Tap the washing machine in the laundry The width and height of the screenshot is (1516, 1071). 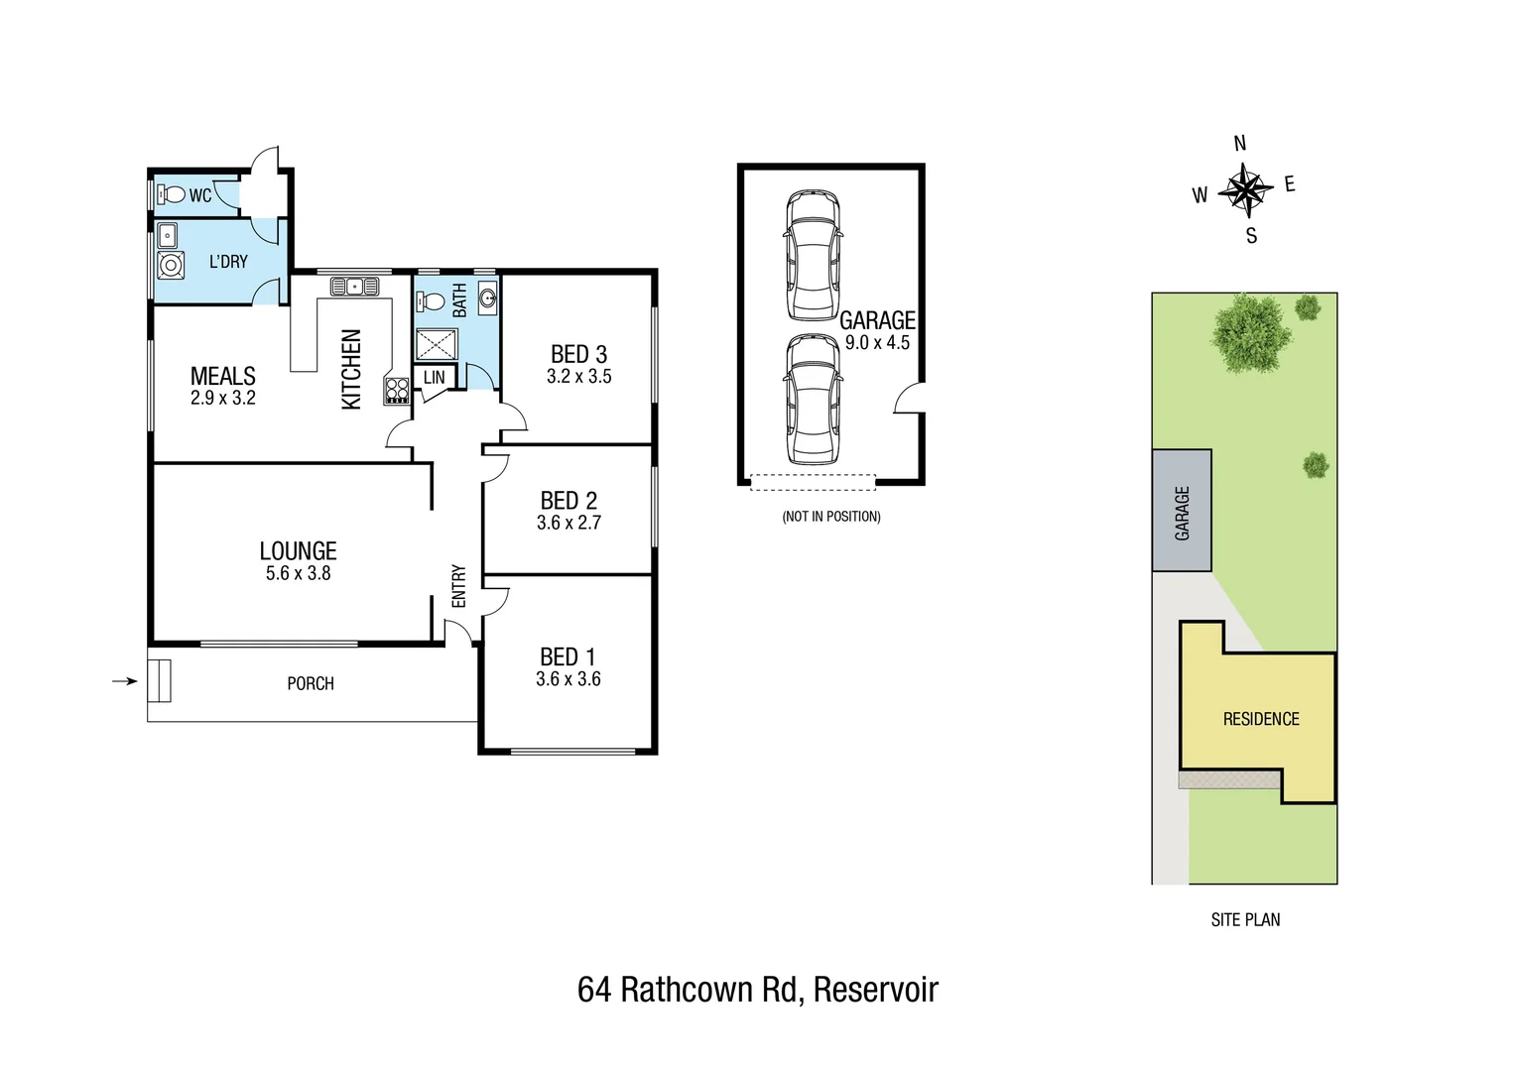[x=171, y=266]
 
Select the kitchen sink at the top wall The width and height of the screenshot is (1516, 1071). [x=353, y=287]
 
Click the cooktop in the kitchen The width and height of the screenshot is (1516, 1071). [x=397, y=390]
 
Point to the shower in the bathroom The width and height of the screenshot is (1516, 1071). [x=436, y=344]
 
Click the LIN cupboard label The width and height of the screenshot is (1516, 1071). [x=435, y=378]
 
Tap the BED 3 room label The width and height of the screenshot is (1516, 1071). [x=578, y=354]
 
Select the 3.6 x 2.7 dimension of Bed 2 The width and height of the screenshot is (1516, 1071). [x=568, y=523]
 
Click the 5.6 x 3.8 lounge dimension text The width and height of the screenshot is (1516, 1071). [x=298, y=573]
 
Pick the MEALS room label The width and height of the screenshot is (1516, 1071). [x=222, y=376]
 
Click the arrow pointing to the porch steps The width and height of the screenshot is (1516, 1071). [x=124, y=681]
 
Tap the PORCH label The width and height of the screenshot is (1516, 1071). [x=310, y=683]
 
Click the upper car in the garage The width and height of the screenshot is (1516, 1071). [x=813, y=256]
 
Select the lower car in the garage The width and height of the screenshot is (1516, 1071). [x=813, y=400]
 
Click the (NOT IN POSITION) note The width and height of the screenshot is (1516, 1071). [x=830, y=517]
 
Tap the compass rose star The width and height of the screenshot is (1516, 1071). [x=1245, y=189]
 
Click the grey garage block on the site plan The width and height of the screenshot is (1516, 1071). [x=1182, y=511]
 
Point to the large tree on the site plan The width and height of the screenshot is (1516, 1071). [x=1251, y=332]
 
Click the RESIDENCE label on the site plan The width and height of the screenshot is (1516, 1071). [x=1260, y=719]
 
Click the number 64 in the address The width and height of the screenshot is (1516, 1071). [x=593, y=990]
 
